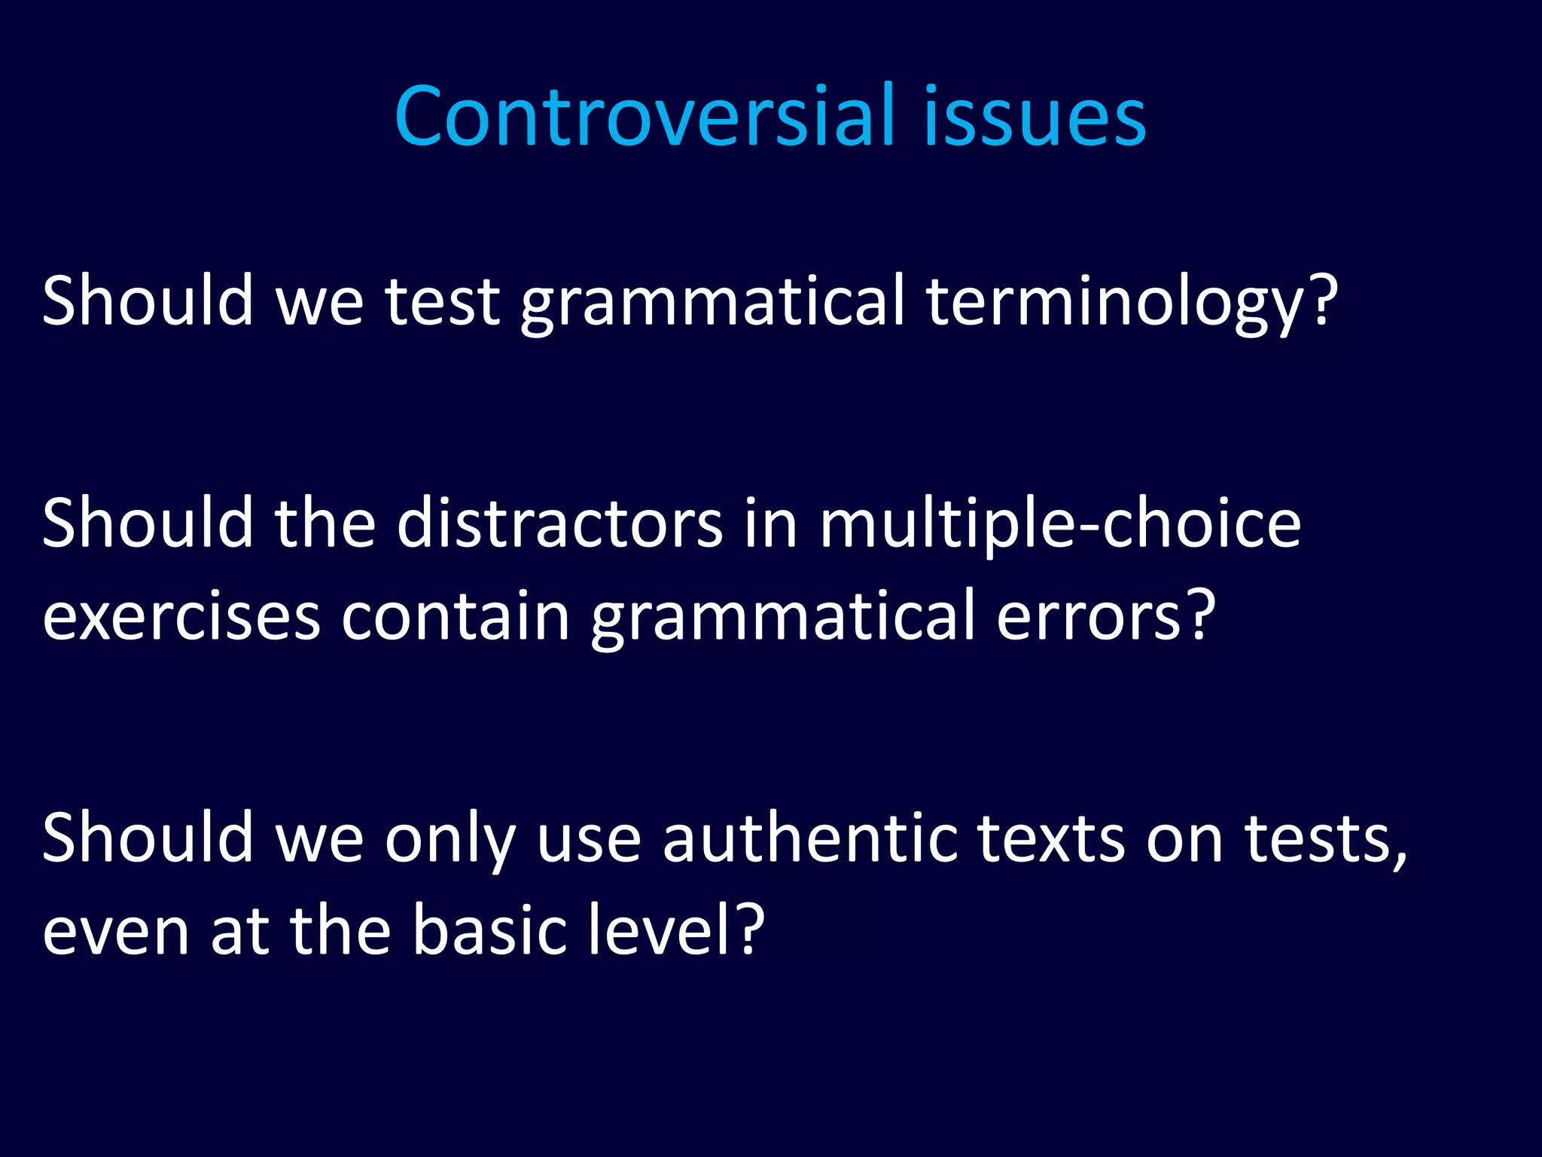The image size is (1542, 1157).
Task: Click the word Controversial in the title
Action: pos(645,116)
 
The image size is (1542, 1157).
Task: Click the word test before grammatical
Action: pos(443,301)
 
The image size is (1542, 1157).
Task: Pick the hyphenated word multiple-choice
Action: pos(1060,525)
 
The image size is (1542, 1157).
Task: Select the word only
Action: pos(449,839)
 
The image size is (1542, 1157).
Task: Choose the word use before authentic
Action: pos(589,839)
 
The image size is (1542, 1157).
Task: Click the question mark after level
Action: pos(750,930)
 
